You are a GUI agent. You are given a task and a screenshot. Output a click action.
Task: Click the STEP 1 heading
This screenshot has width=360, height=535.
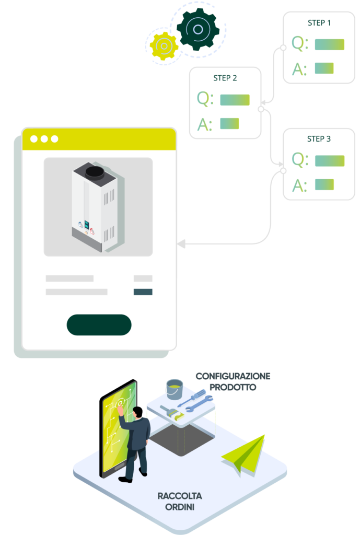click(319, 23)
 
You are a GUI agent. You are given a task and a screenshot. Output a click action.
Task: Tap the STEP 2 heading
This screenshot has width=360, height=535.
click(225, 78)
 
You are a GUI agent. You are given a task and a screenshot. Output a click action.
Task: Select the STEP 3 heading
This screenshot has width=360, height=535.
click(319, 139)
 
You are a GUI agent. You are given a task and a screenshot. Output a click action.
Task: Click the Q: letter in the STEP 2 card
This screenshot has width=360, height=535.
click(205, 98)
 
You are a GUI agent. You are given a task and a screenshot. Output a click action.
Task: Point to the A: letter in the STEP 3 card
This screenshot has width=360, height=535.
click(299, 185)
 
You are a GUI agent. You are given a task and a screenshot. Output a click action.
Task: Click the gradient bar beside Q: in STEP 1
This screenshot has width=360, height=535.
click(329, 44)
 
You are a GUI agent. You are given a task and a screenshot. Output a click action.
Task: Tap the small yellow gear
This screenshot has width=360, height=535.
click(164, 46)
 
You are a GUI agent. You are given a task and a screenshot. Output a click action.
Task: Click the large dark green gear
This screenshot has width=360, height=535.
click(197, 29)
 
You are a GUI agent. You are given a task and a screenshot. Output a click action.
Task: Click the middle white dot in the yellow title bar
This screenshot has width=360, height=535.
click(44, 139)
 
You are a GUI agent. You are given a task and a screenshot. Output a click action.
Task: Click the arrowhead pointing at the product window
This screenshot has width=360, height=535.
click(181, 243)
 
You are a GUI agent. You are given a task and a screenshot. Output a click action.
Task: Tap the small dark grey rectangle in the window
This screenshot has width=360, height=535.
click(143, 292)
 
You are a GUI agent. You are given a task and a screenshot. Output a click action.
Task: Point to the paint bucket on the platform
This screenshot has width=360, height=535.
click(174, 389)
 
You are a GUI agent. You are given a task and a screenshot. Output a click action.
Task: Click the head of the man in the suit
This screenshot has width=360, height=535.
click(137, 411)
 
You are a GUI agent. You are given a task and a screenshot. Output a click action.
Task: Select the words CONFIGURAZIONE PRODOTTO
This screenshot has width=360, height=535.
click(233, 382)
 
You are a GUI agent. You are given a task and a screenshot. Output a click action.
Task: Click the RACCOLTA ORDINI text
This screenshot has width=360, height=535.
click(179, 501)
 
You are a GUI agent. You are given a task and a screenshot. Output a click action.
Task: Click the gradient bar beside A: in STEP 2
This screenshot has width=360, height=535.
click(229, 123)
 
